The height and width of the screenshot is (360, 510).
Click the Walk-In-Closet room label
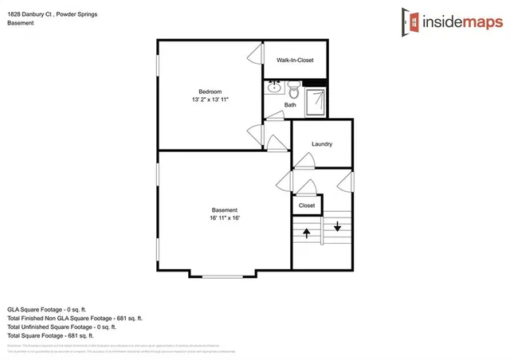(295, 60)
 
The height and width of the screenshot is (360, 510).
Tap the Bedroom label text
(210, 91)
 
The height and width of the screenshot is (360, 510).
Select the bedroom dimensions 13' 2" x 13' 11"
(210, 99)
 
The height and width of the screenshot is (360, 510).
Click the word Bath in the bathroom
(290, 105)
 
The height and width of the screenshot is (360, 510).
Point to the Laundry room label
(322, 144)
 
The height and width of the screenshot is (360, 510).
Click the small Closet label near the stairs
(307, 205)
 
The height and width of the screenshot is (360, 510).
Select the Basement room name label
(224, 210)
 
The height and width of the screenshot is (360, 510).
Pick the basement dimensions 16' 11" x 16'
(224, 218)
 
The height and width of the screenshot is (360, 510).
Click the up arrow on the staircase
(307, 233)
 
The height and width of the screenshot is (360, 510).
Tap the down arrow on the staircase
(337, 225)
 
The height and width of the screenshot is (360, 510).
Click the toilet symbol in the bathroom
(293, 86)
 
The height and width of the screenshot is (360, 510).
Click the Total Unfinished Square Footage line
(62, 327)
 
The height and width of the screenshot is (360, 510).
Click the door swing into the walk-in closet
(256, 55)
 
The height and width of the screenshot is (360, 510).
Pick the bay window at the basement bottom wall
(223, 275)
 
